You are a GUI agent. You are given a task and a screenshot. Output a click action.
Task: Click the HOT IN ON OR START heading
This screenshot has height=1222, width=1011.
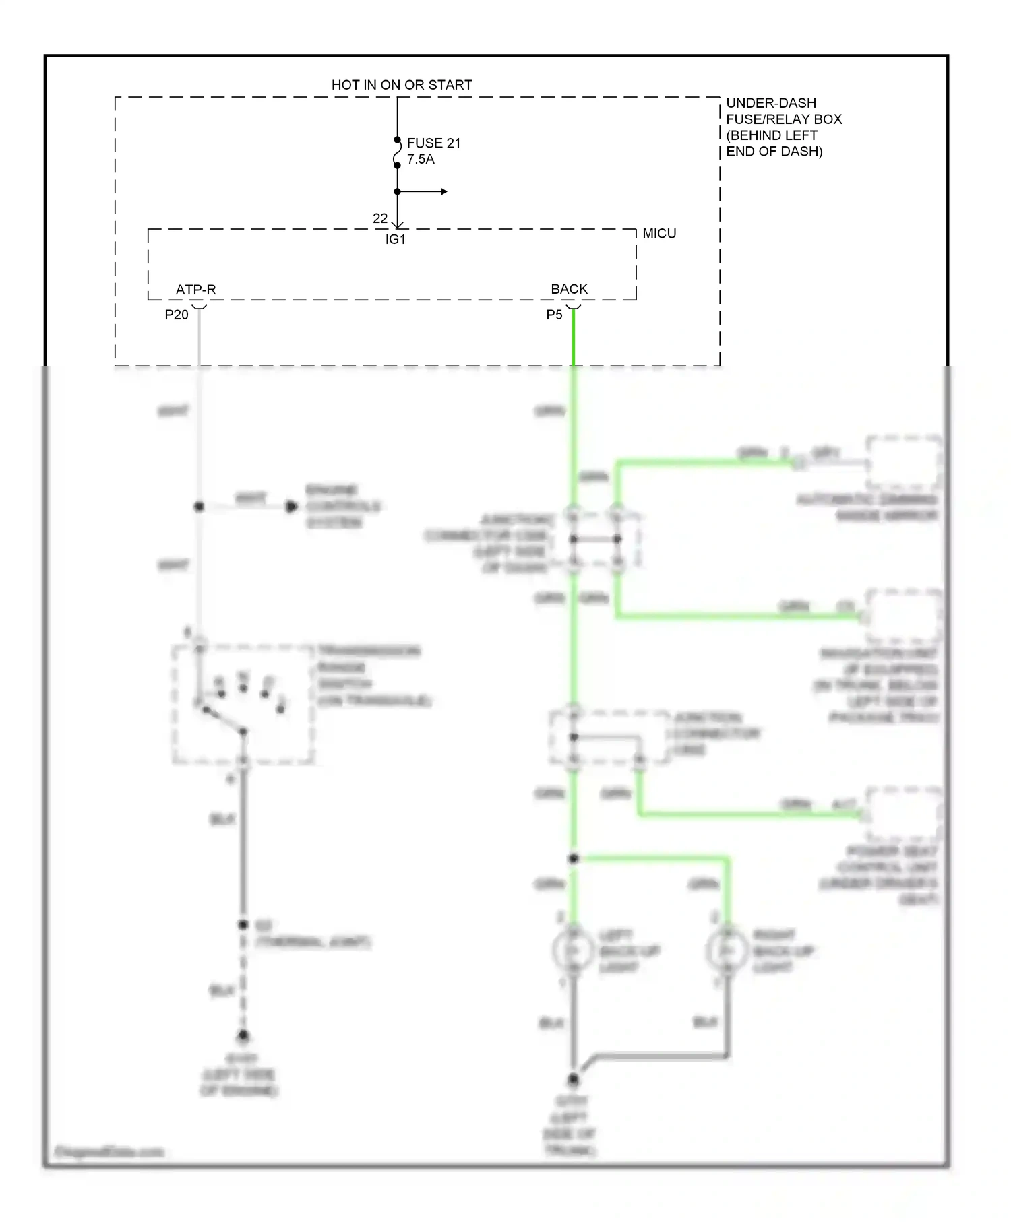[x=402, y=85]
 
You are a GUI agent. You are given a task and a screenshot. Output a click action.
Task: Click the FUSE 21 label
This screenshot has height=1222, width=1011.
[x=433, y=143]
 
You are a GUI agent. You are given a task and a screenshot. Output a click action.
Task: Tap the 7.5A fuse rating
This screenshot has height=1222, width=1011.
[x=421, y=160]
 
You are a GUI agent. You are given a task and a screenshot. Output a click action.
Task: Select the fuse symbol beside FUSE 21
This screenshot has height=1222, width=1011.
[x=398, y=153]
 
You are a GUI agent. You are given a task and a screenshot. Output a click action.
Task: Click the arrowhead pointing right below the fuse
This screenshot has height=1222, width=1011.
[x=443, y=192]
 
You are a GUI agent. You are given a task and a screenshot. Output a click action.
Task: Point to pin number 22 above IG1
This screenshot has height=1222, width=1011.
[x=380, y=218]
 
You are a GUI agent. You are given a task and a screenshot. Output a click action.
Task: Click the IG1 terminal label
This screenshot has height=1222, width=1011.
[x=396, y=239]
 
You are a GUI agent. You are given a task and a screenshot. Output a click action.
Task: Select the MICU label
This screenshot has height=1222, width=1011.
[x=659, y=234]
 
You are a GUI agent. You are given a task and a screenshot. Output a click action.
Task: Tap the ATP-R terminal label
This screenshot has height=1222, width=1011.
[x=195, y=290]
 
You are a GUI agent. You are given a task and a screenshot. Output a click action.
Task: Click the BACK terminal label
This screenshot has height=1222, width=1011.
[x=569, y=289]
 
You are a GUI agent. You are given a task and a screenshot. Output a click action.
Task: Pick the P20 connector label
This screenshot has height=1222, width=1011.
[x=177, y=315]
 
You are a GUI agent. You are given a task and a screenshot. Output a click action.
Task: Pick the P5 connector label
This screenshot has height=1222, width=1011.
[x=554, y=315]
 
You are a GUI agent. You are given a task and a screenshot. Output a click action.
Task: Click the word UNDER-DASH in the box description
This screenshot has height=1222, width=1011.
[x=771, y=103]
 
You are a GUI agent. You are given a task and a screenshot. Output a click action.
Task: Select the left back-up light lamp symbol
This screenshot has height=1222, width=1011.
[x=572, y=951]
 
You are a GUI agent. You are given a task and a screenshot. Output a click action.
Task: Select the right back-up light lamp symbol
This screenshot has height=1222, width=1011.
[x=727, y=951]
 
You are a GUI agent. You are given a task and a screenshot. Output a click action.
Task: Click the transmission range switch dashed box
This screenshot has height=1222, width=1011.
[x=243, y=705]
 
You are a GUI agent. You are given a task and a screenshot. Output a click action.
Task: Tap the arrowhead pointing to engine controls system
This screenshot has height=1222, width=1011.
[x=292, y=507]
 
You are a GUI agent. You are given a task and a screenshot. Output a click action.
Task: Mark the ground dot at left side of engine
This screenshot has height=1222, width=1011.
[x=243, y=1035]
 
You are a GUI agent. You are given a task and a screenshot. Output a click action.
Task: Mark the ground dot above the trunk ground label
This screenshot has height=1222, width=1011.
[x=573, y=1080]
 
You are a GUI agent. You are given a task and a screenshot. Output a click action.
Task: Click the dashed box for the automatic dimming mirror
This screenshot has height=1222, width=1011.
[x=904, y=463]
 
